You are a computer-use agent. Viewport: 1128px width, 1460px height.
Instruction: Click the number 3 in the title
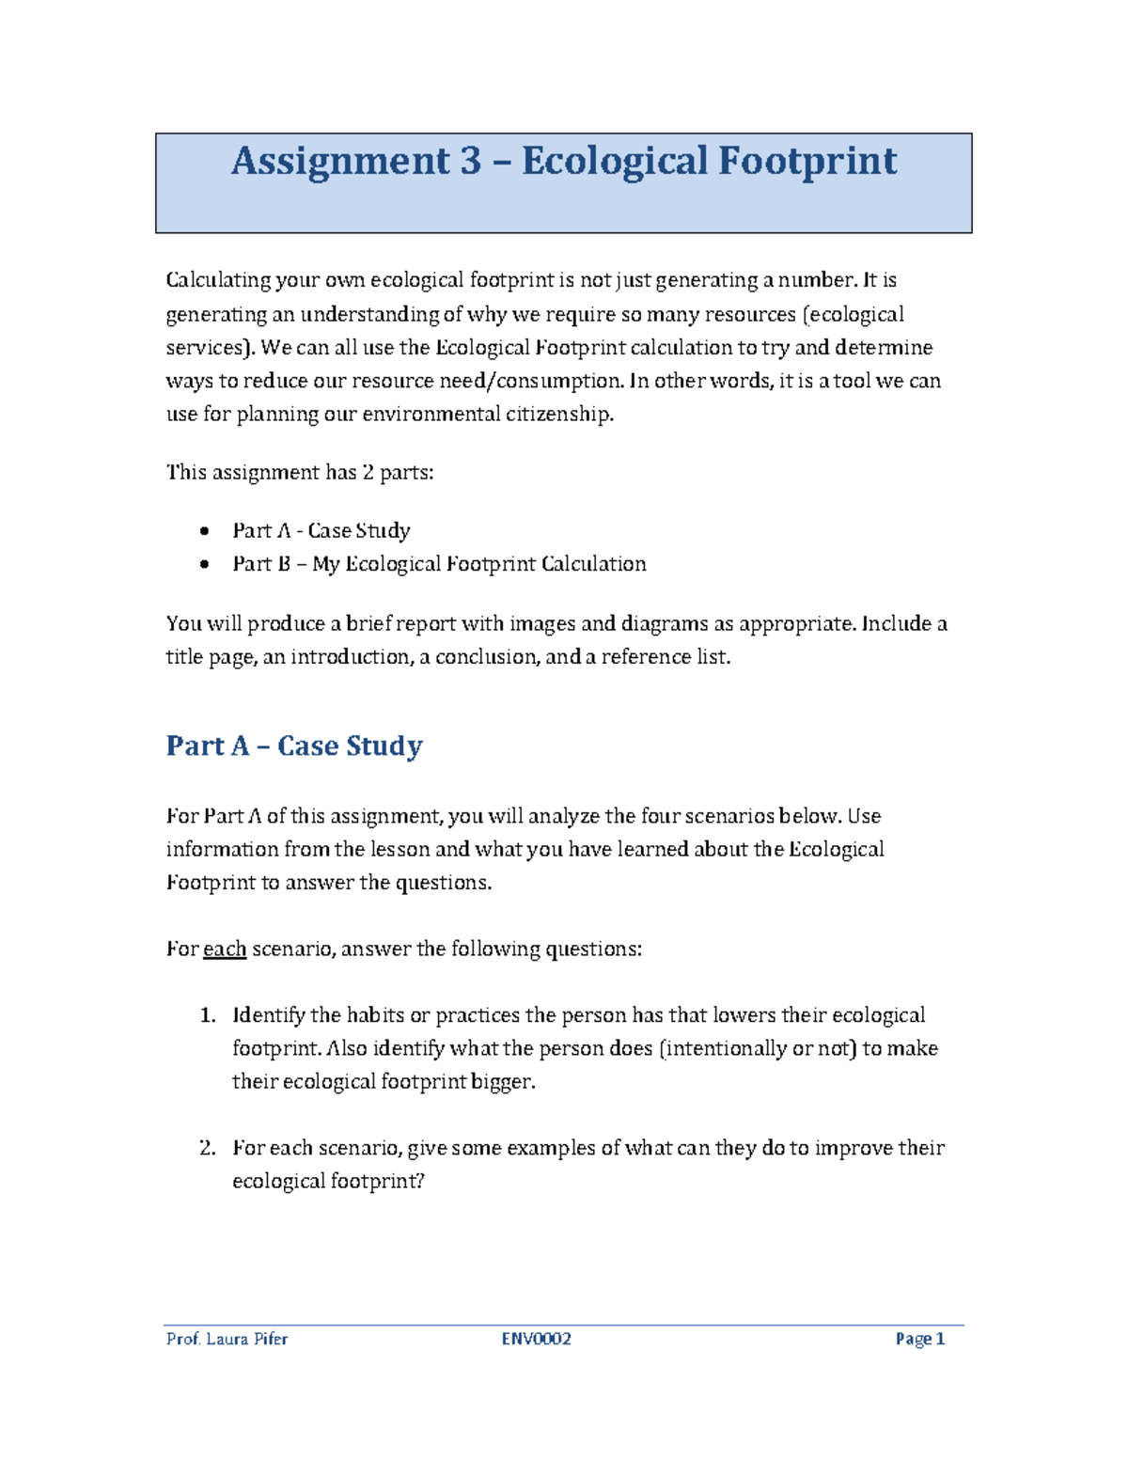click(x=470, y=161)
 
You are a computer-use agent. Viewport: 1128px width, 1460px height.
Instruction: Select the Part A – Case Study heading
click(x=294, y=746)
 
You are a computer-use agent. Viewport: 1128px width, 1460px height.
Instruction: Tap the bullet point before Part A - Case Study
click(x=205, y=531)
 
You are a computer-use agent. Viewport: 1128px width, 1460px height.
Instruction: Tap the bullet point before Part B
click(x=205, y=565)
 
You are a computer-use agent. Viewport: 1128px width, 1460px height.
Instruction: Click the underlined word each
click(x=225, y=950)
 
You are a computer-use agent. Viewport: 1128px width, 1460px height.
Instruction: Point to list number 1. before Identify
click(x=208, y=1015)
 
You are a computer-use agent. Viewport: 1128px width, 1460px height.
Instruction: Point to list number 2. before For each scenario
click(x=208, y=1148)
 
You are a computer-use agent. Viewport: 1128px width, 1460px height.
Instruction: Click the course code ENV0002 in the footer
click(x=536, y=1339)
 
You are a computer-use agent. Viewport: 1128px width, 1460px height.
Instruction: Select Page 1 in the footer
click(x=919, y=1339)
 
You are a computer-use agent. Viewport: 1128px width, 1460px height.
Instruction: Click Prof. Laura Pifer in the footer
click(x=227, y=1339)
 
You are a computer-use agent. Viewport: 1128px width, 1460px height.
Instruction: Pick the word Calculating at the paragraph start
click(x=217, y=280)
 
